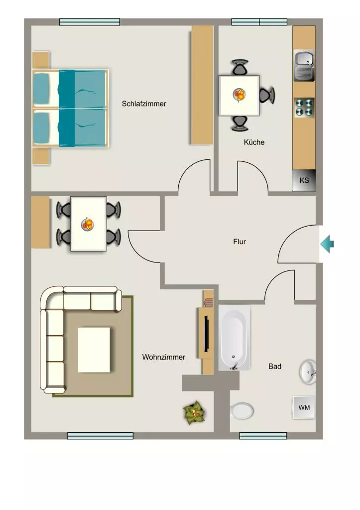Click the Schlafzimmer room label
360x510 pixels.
(144, 104)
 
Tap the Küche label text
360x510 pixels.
(254, 142)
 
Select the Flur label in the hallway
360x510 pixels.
(240, 242)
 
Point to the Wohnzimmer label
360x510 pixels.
(164, 357)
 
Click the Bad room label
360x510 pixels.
(275, 366)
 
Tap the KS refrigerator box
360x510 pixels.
(304, 180)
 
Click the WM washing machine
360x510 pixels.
(304, 407)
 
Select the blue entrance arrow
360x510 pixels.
(327, 244)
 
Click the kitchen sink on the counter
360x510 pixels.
(304, 65)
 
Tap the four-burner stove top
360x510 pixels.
(304, 108)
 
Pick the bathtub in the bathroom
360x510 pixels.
(234, 338)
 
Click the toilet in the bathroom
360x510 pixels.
(242, 411)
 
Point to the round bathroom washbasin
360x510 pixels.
(307, 372)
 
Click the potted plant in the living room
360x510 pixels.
(194, 412)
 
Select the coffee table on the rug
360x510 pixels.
(94, 350)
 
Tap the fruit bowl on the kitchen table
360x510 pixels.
(240, 95)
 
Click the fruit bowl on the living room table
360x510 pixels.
(88, 224)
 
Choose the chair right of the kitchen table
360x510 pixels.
(267, 95)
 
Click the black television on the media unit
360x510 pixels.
(206, 334)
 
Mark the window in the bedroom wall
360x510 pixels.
(90, 22)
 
